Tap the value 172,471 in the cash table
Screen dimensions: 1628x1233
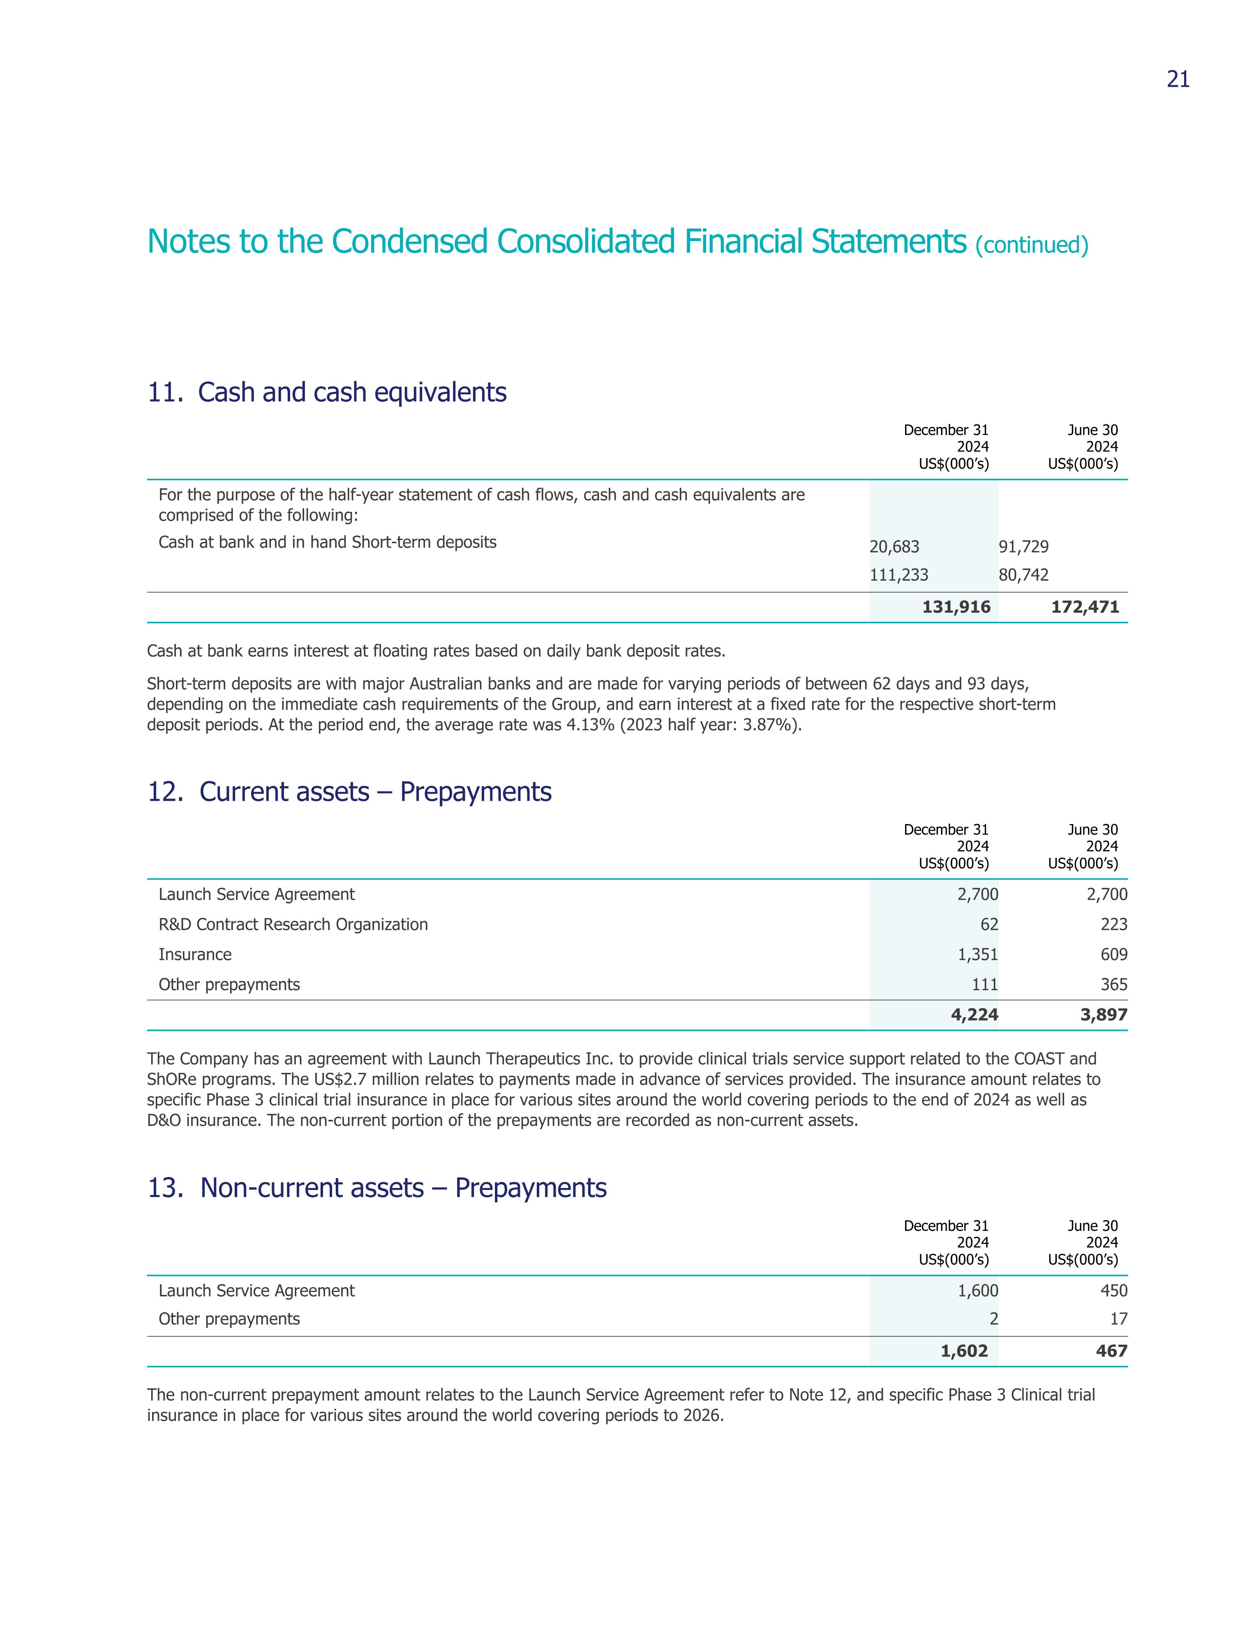[x=1085, y=607]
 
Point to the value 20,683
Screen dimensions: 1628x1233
[x=894, y=547]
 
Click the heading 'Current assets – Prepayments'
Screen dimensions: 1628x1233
[x=375, y=792]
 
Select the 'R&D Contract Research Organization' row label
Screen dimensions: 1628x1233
[x=293, y=924]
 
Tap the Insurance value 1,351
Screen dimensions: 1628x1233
[x=978, y=954]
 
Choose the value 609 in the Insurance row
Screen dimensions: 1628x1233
[x=1114, y=954]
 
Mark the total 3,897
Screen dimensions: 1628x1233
[x=1104, y=1015]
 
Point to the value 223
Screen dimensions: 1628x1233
[x=1114, y=924]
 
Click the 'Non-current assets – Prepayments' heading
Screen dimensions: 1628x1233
[x=403, y=1188]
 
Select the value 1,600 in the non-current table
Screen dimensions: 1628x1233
[x=978, y=1291]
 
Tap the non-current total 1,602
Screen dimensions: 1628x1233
[x=964, y=1351]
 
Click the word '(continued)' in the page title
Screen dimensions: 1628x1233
[x=1032, y=245]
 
